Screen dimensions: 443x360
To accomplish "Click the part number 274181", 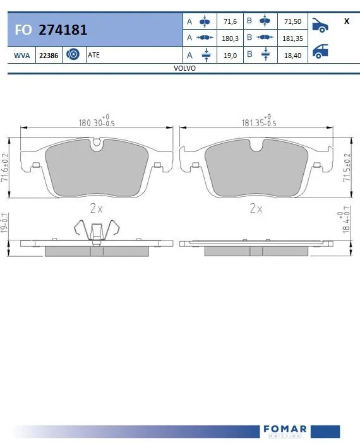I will pyautogui.click(x=63, y=29).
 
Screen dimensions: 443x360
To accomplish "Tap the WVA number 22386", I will pyautogui.click(x=49, y=56).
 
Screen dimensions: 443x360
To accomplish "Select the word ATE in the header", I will pyautogui.click(x=94, y=56).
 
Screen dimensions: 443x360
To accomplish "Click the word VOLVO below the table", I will pyautogui.click(x=184, y=68).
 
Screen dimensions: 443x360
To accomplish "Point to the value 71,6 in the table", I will pyautogui.click(x=231, y=21).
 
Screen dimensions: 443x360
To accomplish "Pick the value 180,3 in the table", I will pyautogui.click(x=231, y=38).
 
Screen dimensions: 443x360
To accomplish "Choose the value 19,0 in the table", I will pyautogui.click(x=231, y=55).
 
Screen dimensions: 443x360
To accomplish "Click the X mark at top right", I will pyautogui.click(x=346, y=21).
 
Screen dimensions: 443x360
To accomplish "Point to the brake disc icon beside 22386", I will pyautogui.click(x=72, y=55).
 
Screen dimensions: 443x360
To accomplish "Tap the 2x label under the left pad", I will pyautogui.click(x=95, y=207).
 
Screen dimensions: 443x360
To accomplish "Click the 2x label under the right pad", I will pyautogui.click(x=256, y=207).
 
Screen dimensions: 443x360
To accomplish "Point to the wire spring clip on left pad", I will pyautogui.click(x=95, y=230).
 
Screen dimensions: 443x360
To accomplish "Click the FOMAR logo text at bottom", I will pyautogui.click(x=284, y=430).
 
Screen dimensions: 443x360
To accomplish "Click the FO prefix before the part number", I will pyautogui.click(x=23, y=30).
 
